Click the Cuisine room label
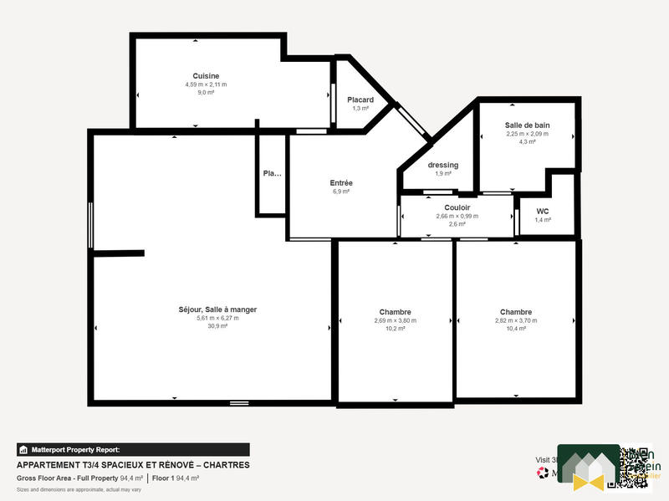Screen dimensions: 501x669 click(x=206, y=76)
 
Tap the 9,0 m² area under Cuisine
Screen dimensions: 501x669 click(x=206, y=93)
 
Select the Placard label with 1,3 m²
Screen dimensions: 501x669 click(x=360, y=100)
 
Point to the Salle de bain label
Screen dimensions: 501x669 click(x=527, y=125)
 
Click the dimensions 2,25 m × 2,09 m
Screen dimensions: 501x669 click(x=527, y=133)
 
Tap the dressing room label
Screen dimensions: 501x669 click(x=443, y=165)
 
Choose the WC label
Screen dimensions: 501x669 click(x=543, y=211)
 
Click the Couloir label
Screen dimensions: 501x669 click(x=457, y=207)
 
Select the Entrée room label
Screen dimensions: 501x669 click(x=340, y=183)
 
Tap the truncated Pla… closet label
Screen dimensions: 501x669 click(x=272, y=174)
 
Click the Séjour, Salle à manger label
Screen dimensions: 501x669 click(x=217, y=309)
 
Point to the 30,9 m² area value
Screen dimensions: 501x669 click(x=217, y=326)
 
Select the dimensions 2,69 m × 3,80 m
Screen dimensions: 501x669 click(x=395, y=320)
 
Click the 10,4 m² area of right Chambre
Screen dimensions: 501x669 click(x=516, y=329)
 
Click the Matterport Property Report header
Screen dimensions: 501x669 click(x=75, y=449)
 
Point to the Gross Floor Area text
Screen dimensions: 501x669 click(x=67, y=478)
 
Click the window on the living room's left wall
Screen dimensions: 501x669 click(x=90, y=223)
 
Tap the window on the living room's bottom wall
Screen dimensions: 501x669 click(x=239, y=403)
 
